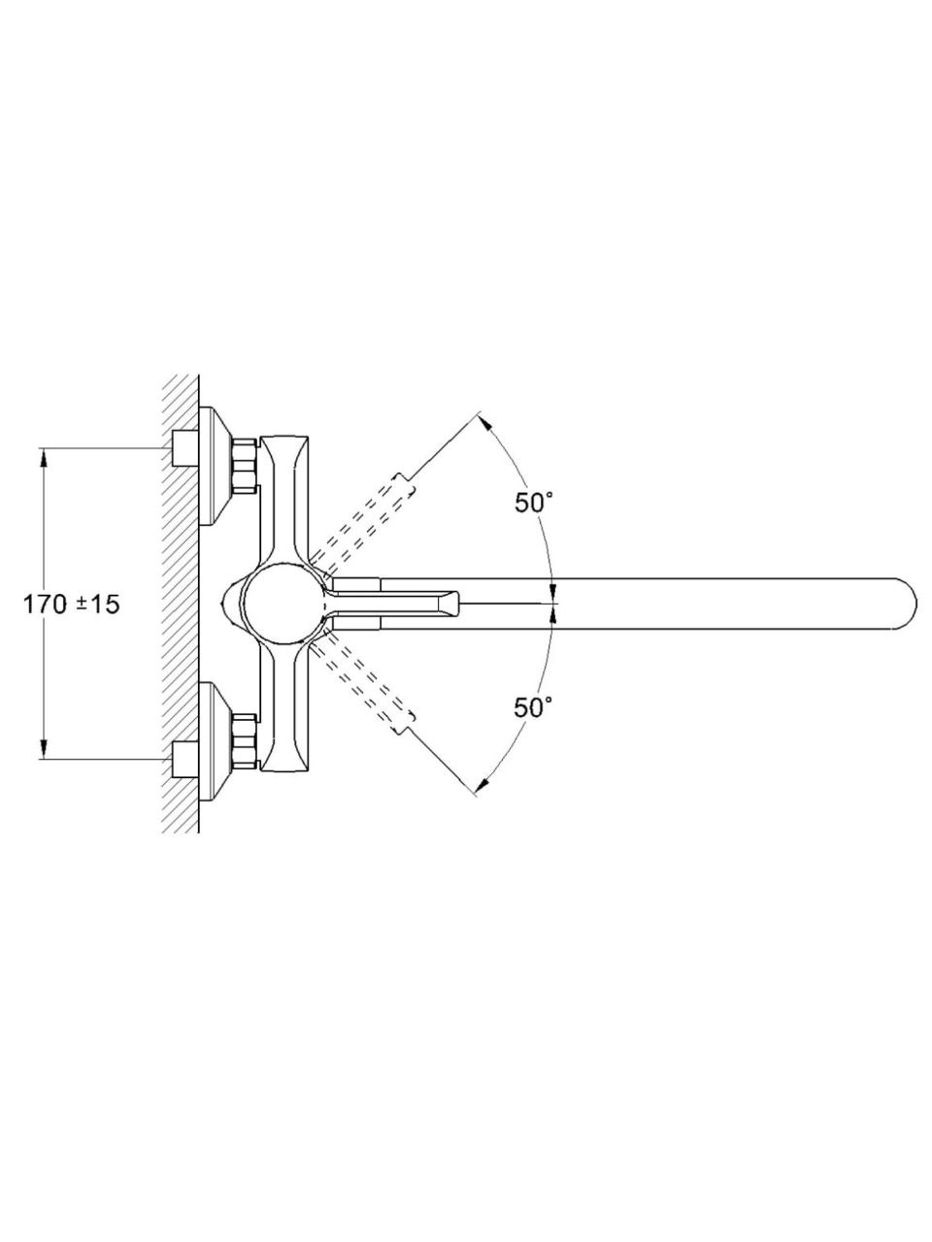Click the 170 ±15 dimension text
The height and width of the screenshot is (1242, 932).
pos(71,605)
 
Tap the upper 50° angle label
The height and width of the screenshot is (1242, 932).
pos(533,503)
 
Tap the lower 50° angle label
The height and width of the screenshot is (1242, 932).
pos(533,707)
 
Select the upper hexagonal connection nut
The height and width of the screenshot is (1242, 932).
pos(245,464)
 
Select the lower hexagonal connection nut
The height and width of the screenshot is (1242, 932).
pos(245,742)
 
